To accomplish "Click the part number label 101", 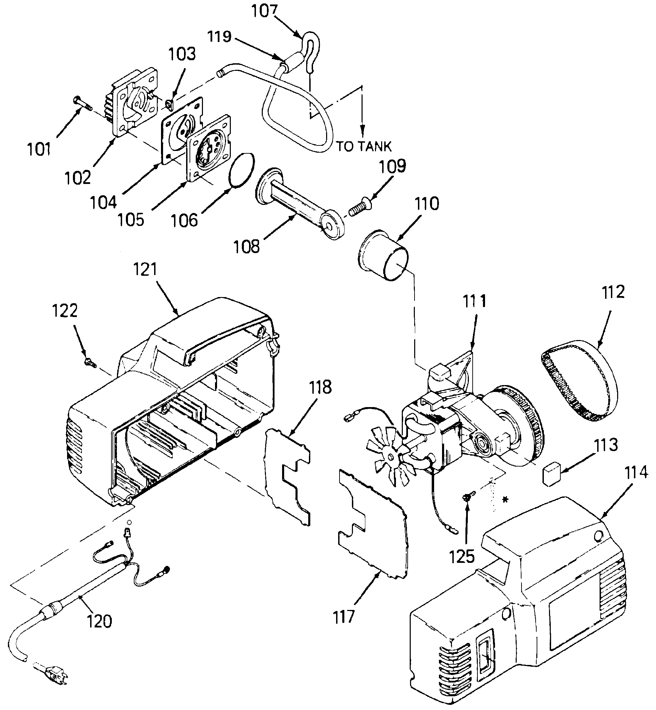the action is (x=39, y=149).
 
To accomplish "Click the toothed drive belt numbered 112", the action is (x=577, y=380).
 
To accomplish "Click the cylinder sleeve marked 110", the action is (x=383, y=255).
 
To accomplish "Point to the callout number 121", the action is (x=145, y=269).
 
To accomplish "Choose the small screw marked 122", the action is (x=90, y=362).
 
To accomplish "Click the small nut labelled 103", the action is (x=170, y=104).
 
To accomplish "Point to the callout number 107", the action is (x=265, y=11).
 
